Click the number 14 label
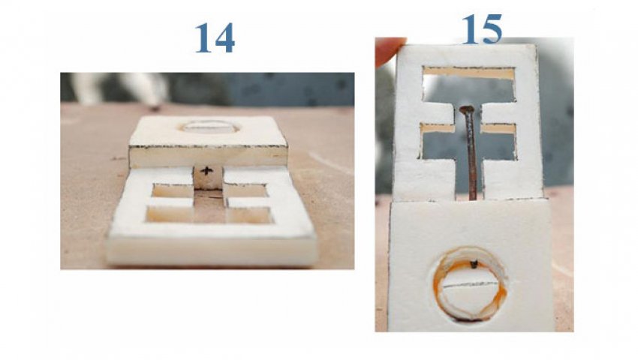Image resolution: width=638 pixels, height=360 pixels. coord(215,37)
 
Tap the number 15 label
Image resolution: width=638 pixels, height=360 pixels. coord(482,28)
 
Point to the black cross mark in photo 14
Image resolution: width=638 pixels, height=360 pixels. coord(206,171)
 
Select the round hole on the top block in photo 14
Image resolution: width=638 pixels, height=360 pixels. coord(209,127)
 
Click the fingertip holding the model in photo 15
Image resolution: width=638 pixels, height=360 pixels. coord(390,50)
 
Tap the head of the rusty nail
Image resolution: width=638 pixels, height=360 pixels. coord(467,109)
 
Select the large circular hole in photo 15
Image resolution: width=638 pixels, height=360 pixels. coord(470,283)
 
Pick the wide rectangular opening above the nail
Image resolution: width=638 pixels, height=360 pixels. coord(469,85)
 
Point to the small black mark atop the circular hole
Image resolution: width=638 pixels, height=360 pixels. coord(474,265)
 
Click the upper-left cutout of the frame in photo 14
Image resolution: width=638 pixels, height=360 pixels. coord(172,190)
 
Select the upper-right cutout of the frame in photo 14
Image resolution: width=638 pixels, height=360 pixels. coord(245,190)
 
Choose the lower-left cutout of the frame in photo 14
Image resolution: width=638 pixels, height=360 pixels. coord(170,214)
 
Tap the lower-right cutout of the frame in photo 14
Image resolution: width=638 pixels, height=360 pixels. coord(249,214)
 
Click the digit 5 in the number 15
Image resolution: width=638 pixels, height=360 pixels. coord(492,29)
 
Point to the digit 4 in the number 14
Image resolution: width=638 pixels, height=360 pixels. coord(225,38)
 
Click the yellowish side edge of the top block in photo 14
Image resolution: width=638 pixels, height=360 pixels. coord(209,157)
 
